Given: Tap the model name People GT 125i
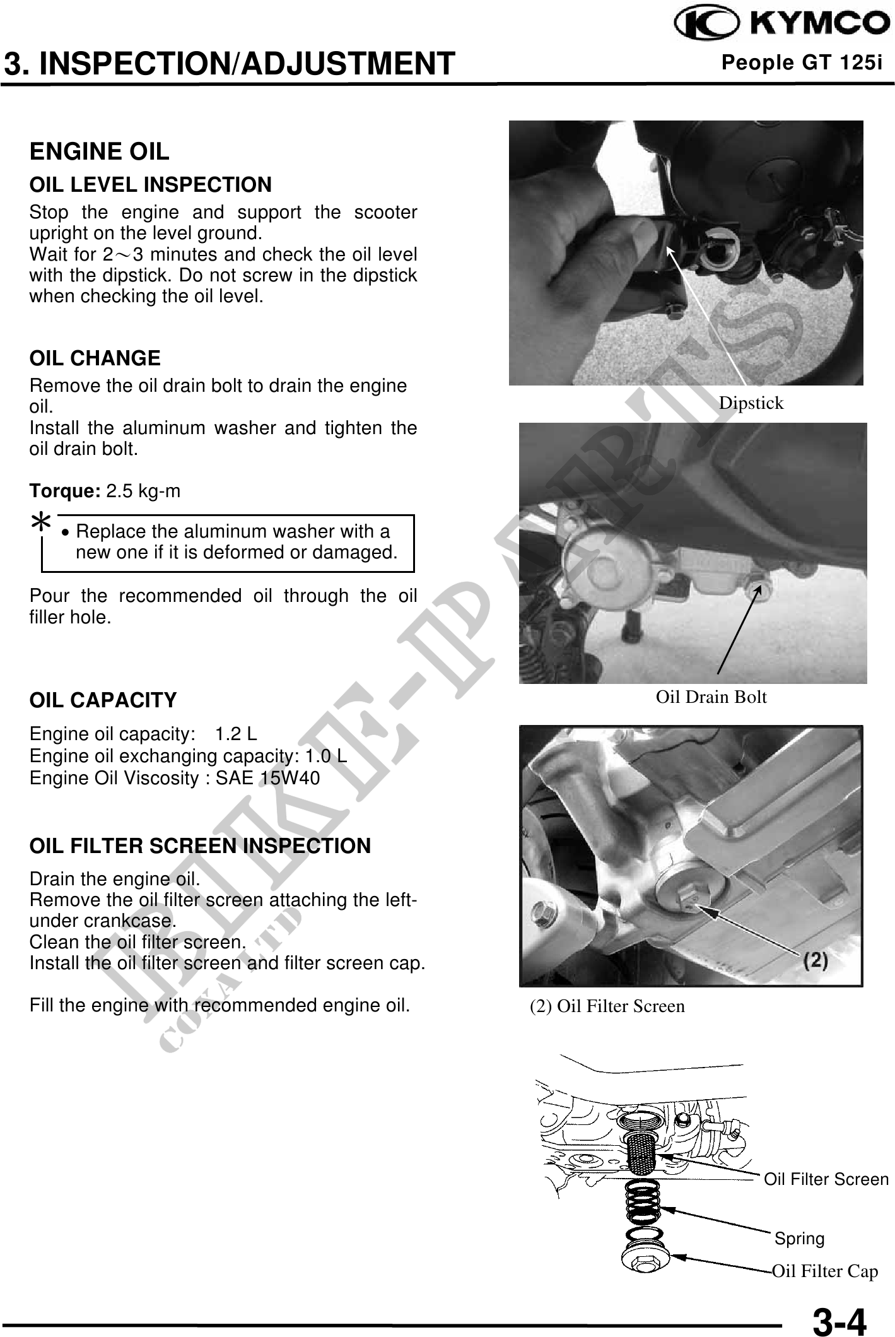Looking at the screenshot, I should coord(802,63).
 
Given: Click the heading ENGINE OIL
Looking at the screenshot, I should coord(100,151).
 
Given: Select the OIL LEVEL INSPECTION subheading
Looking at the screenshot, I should coord(151,185).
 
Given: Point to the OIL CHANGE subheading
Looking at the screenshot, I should coord(95,358).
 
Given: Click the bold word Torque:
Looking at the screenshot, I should coord(65,491).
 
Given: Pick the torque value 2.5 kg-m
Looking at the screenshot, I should coord(143,491).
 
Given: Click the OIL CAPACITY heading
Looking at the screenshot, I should coord(103,700).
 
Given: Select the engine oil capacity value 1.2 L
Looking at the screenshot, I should coord(236,734).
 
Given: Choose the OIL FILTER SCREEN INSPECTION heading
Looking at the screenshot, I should coord(201,846).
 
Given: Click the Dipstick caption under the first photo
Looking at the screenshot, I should coord(751,403).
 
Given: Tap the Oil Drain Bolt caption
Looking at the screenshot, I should coord(711,697).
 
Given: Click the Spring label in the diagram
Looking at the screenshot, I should coord(799,1239).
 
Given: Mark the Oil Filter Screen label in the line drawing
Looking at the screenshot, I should coord(826,1179).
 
